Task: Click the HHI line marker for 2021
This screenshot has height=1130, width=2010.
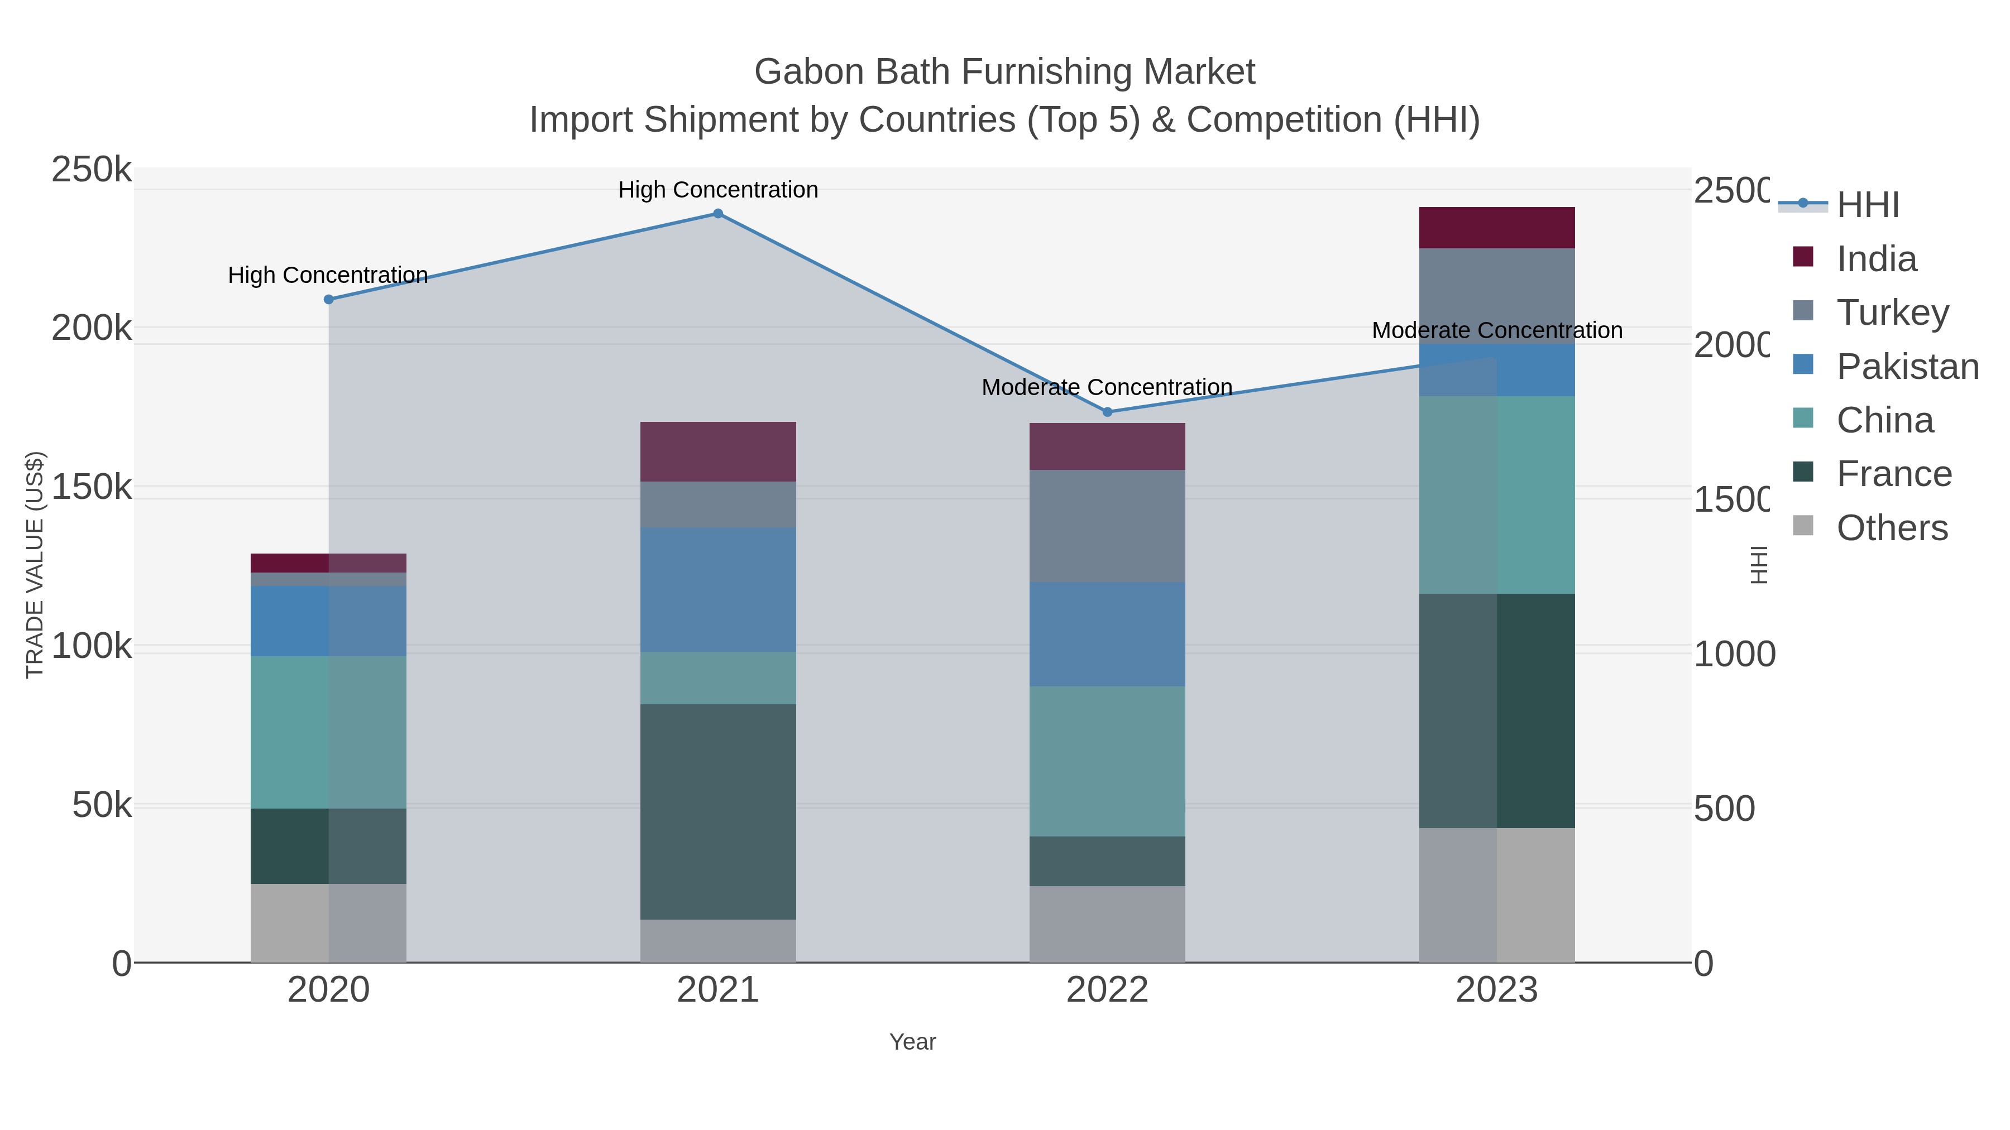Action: coord(718,214)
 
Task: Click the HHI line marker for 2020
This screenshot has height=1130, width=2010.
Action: coord(328,300)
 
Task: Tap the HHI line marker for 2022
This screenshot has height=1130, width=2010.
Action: coord(1107,412)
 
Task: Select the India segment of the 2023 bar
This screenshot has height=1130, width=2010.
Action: coord(1496,228)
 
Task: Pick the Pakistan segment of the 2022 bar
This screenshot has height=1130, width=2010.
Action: coord(1107,634)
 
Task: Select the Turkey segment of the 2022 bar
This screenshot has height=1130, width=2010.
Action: coord(1107,526)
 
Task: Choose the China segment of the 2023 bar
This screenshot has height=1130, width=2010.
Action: coord(1496,494)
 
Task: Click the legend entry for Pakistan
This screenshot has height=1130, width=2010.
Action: coord(1907,367)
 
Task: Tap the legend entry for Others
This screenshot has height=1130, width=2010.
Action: coord(1892,528)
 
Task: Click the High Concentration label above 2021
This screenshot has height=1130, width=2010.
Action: coord(718,190)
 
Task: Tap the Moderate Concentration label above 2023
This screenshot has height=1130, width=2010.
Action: coord(1496,331)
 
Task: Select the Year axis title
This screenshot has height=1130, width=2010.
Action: coord(912,1042)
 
